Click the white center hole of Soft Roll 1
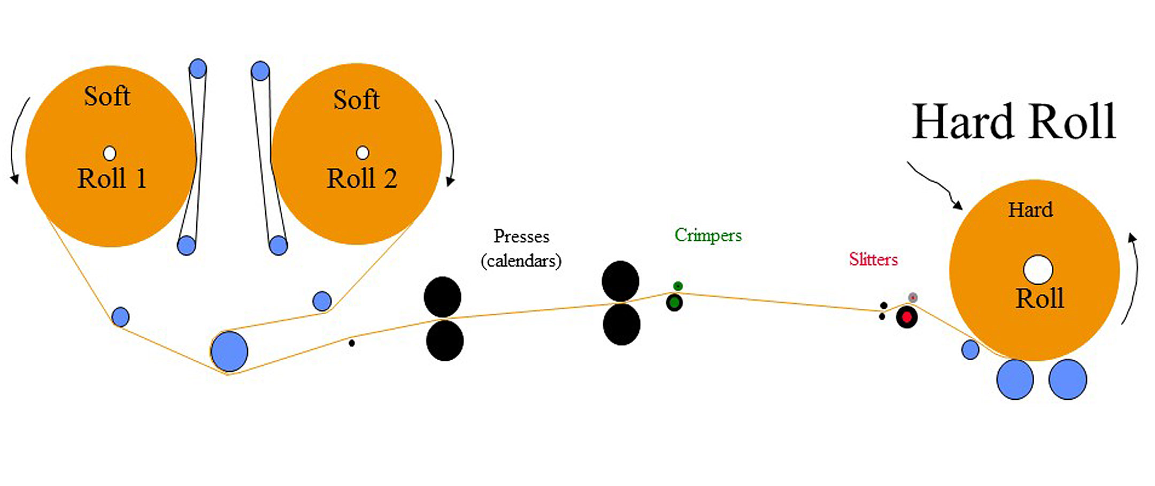pyautogui.click(x=110, y=154)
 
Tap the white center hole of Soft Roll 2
pyautogui.click(x=363, y=153)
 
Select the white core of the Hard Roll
pyautogui.click(x=1038, y=269)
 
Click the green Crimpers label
pyautogui.click(x=708, y=235)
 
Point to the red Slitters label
pyautogui.click(x=873, y=260)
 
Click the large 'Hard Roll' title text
pyautogui.click(x=1014, y=122)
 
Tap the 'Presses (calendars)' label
pyautogui.click(x=521, y=248)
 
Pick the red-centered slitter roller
pyautogui.click(x=907, y=317)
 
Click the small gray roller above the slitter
pyautogui.click(x=913, y=297)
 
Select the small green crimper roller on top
pyautogui.click(x=678, y=286)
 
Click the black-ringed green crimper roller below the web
pyautogui.click(x=674, y=303)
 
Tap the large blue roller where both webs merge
pyautogui.click(x=229, y=352)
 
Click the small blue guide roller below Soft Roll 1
pyautogui.click(x=121, y=317)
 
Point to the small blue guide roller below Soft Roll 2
pyautogui.click(x=322, y=301)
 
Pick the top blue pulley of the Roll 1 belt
pyautogui.click(x=198, y=69)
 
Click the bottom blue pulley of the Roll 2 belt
pyautogui.click(x=278, y=246)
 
